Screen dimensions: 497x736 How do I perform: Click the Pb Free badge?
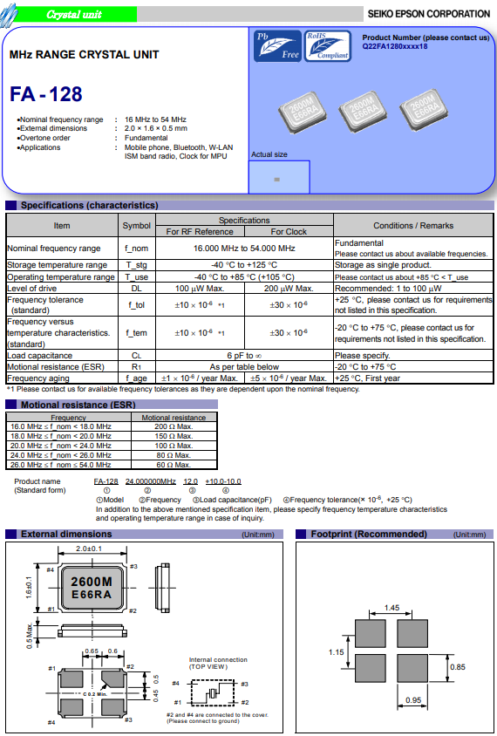[x=277, y=46]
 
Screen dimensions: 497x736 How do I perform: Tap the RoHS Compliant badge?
[x=328, y=46]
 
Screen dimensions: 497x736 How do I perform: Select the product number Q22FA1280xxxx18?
[x=395, y=46]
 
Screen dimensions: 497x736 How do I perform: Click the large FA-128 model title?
[x=46, y=94]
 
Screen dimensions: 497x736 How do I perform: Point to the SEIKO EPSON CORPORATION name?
[x=428, y=14]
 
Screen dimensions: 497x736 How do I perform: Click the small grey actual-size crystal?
[x=277, y=180]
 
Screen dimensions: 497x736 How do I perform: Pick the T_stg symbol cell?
[x=137, y=265]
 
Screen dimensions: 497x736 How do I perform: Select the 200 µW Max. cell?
[x=289, y=288]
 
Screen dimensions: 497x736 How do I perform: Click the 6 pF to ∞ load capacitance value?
[x=244, y=355]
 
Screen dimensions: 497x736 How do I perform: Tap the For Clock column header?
[x=289, y=231]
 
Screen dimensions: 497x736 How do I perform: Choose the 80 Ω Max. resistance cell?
[x=174, y=455]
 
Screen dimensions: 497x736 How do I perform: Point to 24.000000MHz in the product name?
[x=151, y=481]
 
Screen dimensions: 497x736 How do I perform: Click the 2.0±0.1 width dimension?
[x=89, y=549]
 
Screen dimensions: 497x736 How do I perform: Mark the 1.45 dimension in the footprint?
[x=391, y=608]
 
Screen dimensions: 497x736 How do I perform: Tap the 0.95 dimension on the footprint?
[x=413, y=700]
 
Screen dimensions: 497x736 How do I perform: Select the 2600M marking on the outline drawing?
[x=92, y=582]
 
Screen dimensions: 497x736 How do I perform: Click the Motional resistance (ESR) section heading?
[x=78, y=405]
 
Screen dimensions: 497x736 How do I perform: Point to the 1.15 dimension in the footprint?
[x=336, y=652]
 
